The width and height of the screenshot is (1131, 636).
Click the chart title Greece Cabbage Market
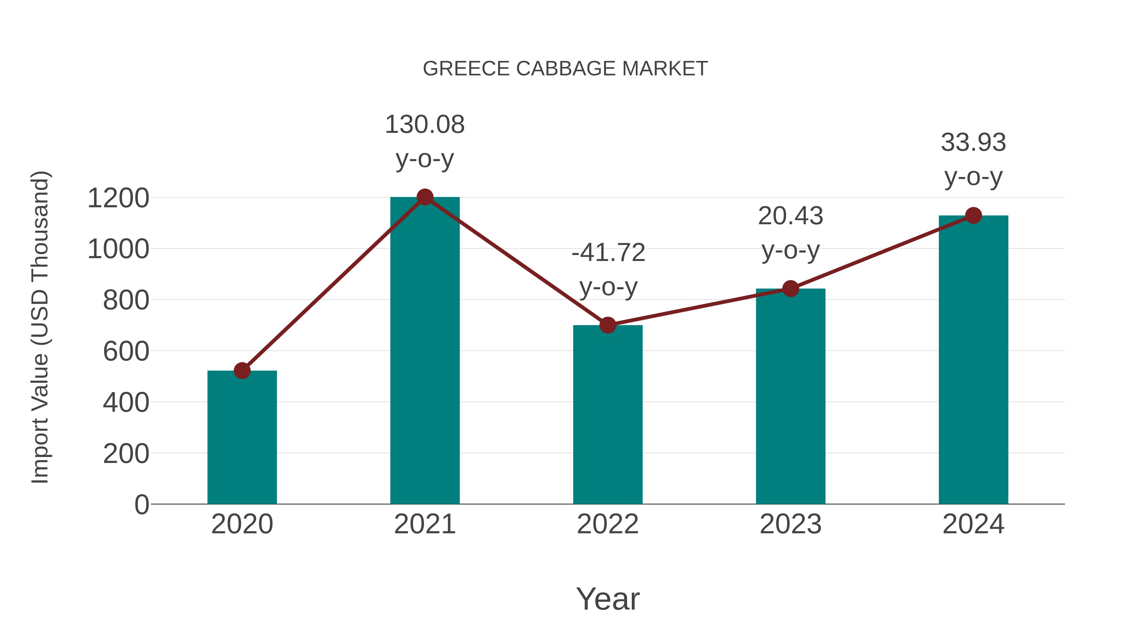[x=565, y=68]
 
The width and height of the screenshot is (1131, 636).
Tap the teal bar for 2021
[x=424, y=351]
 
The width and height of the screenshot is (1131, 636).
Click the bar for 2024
[x=973, y=360]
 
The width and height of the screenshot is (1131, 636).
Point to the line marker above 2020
[x=242, y=371]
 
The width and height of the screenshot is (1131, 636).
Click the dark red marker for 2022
[x=608, y=325]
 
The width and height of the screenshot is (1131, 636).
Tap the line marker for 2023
[x=790, y=288]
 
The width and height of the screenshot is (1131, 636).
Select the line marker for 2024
[x=973, y=215]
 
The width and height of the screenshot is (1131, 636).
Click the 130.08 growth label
[x=424, y=125]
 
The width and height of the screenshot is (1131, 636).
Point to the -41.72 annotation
[x=608, y=253]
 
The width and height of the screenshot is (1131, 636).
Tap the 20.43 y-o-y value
[x=790, y=216]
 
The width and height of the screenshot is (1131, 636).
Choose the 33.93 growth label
[x=973, y=143]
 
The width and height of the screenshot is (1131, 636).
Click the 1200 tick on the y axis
[x=118, y=198]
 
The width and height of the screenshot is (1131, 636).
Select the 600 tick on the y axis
[x=126, y=351]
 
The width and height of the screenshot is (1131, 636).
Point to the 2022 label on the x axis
[x=608, y=524]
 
